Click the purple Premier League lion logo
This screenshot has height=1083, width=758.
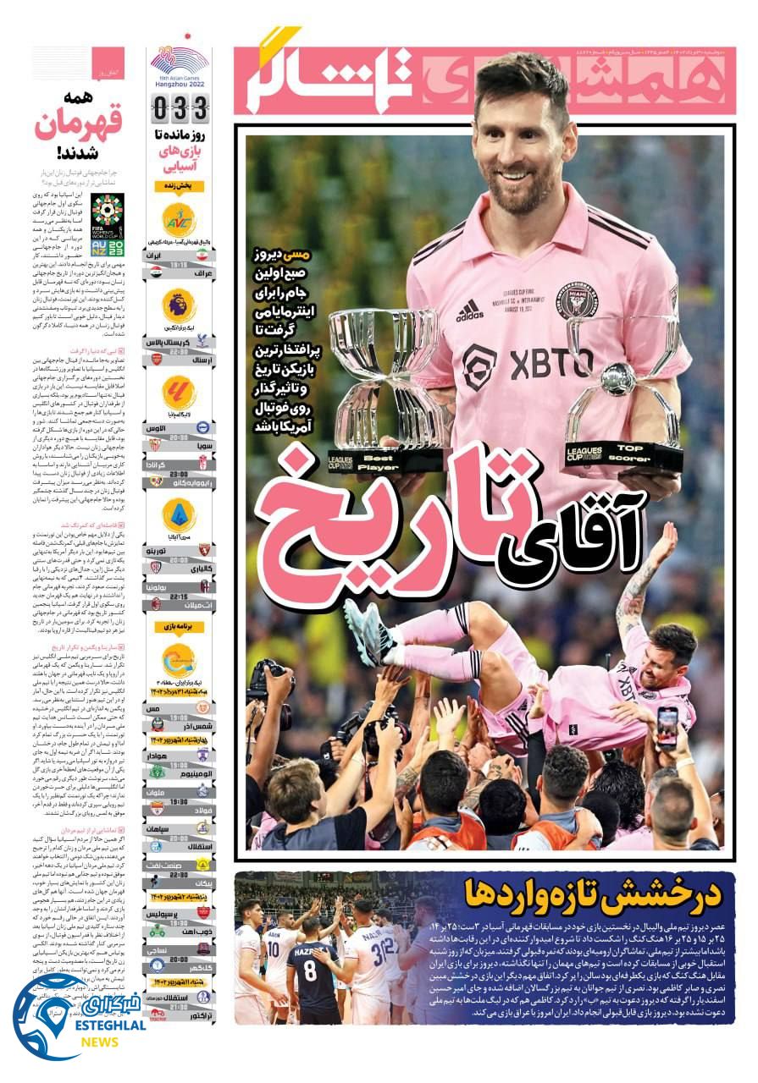[180, 305]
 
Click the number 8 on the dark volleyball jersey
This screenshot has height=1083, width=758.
[310, 970]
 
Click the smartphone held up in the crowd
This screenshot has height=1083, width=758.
[667, 727]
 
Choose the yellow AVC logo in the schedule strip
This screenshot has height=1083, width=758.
[180, 219]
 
